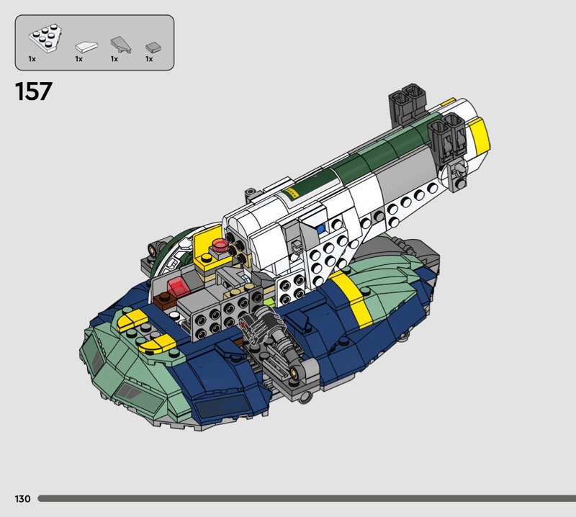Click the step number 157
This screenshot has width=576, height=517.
coord(33,91)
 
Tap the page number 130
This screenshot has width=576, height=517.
coord(22,498)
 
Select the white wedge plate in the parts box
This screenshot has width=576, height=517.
coord(45,37)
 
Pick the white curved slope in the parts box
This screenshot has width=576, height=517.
coord(86,46)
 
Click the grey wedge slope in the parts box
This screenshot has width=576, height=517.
coord(121,44)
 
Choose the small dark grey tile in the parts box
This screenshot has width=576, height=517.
coord(153,47)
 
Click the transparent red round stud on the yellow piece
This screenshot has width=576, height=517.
coord(220,244)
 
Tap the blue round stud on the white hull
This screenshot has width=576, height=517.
coord(320,229)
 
